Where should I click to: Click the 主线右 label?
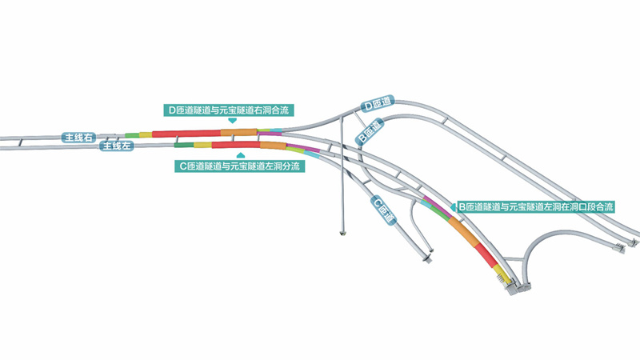click(79, 138)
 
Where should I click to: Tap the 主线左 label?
click(114, 146)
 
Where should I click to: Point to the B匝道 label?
click(369, 132)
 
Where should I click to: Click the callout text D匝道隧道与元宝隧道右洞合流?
click(227, 110)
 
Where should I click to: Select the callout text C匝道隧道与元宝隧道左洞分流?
click(239, 166)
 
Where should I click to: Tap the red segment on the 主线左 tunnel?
click(234, 145)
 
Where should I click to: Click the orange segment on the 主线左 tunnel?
click(272, 146)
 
